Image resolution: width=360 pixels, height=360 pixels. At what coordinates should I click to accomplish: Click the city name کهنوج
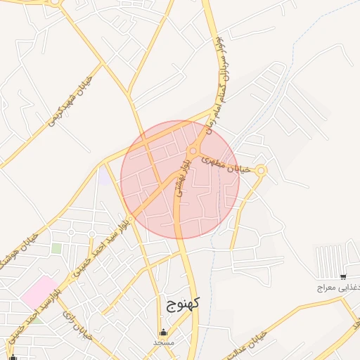click(184, 304)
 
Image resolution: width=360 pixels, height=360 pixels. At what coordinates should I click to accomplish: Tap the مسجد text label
click(164, 342)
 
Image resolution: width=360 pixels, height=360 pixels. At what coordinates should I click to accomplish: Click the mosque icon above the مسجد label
click(164, 333)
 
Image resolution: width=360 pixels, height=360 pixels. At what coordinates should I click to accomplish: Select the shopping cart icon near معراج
click(342, 276)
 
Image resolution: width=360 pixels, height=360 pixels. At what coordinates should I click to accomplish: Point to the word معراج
click(327, 288)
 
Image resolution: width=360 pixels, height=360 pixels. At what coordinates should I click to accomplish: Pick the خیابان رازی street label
click(78, 327)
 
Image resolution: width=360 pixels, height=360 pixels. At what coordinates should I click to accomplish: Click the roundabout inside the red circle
click(193, 151)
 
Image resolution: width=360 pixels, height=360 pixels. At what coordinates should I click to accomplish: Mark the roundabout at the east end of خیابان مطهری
click(262, 169)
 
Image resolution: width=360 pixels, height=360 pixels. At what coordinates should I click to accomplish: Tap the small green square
click(56, 248)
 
